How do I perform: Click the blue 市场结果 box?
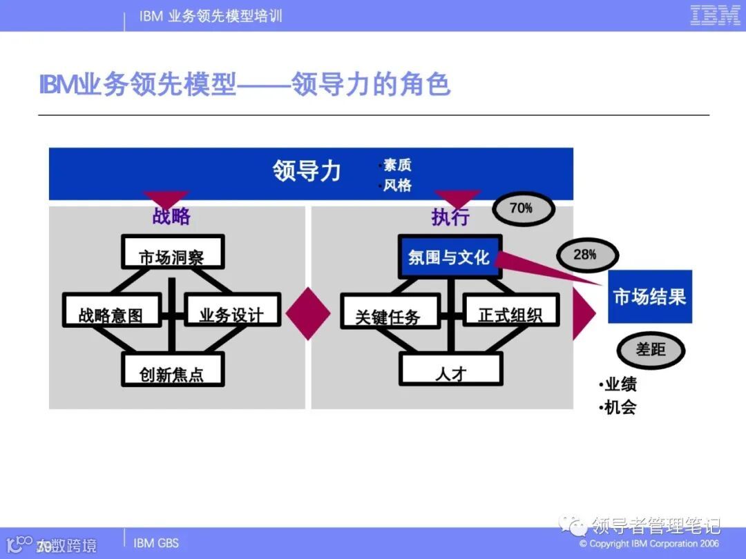649,297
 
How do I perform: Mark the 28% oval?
584,255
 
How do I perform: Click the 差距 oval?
651,350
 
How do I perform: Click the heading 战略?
171,217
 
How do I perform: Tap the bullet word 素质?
397,166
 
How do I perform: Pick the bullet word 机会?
620,407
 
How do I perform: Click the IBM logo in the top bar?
715,16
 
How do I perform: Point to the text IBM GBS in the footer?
155,543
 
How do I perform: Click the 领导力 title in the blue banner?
307,170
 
